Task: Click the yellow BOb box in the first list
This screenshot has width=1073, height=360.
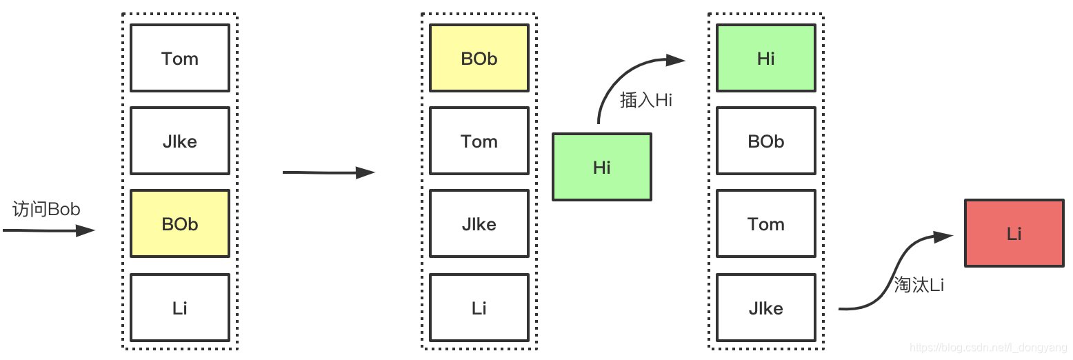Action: tap(180, 223)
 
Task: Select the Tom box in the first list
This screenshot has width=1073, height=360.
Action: tap(180, 58)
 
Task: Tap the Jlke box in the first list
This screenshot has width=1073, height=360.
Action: tap(180, 141)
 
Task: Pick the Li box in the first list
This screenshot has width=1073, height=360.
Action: tap(180, 308)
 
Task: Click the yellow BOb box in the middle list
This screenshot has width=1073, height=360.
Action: tap(479, 58)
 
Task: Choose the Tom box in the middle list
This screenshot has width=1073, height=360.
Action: tap(479, 141)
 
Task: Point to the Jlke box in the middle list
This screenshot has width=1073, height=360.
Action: tap(479, 223)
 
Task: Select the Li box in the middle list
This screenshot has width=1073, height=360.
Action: tap(479, 308)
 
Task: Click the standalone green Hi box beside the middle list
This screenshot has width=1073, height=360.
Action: tap(602, 167)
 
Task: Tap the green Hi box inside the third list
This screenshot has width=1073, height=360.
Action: tap(766, 58)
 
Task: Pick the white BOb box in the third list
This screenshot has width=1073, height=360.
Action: tap(766, 141)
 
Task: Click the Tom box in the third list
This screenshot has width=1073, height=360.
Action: tap(766, 223)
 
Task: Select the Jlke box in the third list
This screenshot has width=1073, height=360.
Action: tap(766, 308)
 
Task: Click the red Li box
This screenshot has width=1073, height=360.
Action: tap(1014, 233)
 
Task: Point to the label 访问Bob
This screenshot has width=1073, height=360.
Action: tap(46, 210)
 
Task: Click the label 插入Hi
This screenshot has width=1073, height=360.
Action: tap(646, 100)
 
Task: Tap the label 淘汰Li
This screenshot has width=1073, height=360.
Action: tap(919, 284)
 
